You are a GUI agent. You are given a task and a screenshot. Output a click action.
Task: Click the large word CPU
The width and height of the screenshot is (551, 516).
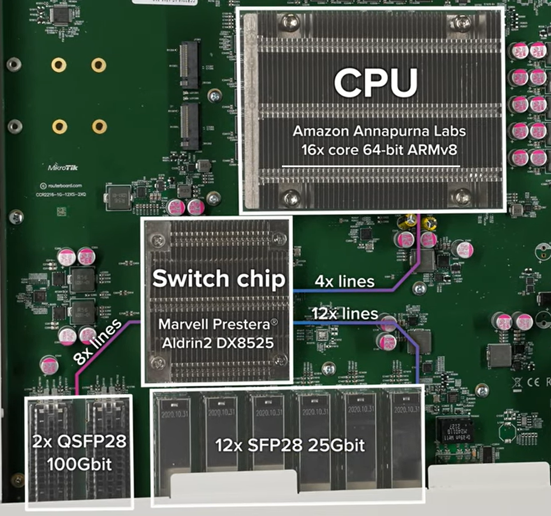pyautogui.click(x=376, y=83)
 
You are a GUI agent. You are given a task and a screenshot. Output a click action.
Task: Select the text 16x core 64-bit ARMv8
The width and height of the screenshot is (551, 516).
pyautogui.click(x=371, y=151)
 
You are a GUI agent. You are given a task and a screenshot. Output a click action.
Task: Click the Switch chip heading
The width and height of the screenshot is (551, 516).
pyautogui.click(x=219, y=279)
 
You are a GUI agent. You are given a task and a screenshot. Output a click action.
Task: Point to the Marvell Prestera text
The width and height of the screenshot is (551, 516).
pyautogui.click(x=219, y=324)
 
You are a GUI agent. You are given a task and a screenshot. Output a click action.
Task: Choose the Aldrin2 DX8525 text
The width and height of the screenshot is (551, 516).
pyautogui.click(x=219, y=342)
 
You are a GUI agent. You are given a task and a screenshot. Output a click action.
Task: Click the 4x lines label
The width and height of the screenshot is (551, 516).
pyautogui.click(x=345, y=280)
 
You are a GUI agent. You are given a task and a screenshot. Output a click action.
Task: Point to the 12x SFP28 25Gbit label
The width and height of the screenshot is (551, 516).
pyautogui.click(x=290, y=446)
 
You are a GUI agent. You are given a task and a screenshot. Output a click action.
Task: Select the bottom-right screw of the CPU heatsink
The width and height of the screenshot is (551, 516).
pyautogui.click(x=462, y=196)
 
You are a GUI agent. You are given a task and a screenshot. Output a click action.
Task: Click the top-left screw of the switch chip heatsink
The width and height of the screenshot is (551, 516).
pyautogui.click(x=159, y=241)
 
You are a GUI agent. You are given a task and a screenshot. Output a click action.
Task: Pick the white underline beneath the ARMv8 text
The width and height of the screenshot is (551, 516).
pyautogui.click(x=371, y=166)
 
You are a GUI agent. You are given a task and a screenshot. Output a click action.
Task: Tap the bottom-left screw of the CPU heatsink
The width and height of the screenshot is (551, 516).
pyautogui.click(x=291, y=197)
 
